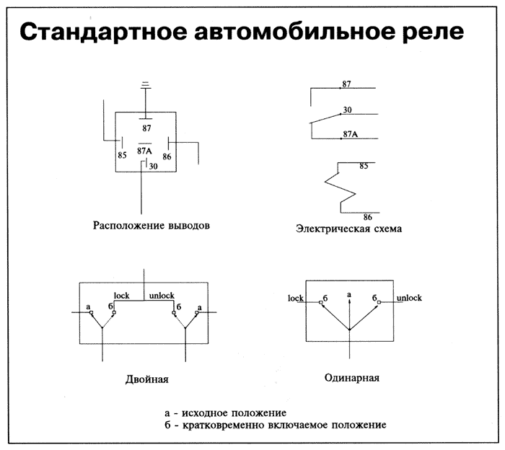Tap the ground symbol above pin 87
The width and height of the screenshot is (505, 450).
click(146, 85)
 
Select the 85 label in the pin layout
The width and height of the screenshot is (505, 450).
click(122, 154)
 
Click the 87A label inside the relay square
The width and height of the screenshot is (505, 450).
click(144, 151)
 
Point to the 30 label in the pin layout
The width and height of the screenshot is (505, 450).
click(153, 167)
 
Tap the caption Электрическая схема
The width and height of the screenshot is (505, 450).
click(348, 229)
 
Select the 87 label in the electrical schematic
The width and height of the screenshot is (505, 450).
click(347, 84)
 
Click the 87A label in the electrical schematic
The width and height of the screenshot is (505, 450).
click(351, 133)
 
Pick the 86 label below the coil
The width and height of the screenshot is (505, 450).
click(367, 216)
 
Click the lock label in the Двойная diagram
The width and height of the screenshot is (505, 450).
click(122, 296)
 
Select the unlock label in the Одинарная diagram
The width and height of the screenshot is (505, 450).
click(408, 298)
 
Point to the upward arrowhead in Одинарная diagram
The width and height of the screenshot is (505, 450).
click(349, 304)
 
